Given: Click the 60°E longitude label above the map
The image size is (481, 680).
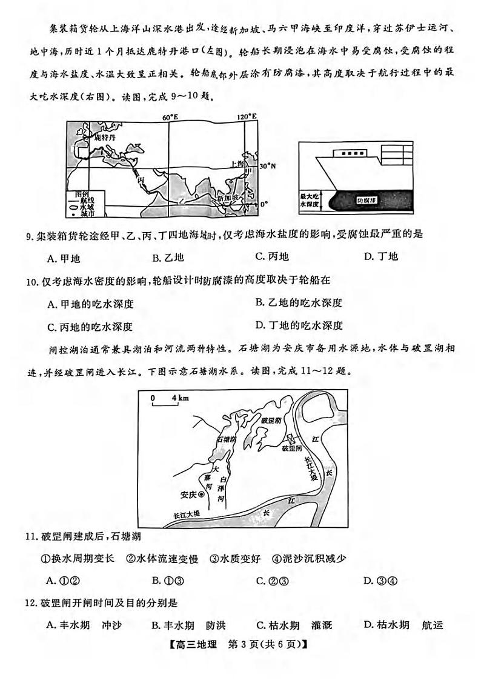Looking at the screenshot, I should click(170, 116).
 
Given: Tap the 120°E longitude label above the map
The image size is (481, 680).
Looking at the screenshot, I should click(246, 116).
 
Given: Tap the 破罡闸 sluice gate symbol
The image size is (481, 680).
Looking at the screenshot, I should click(289, 438).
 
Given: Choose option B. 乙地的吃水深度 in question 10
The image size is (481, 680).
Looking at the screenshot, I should click(299, 302).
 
